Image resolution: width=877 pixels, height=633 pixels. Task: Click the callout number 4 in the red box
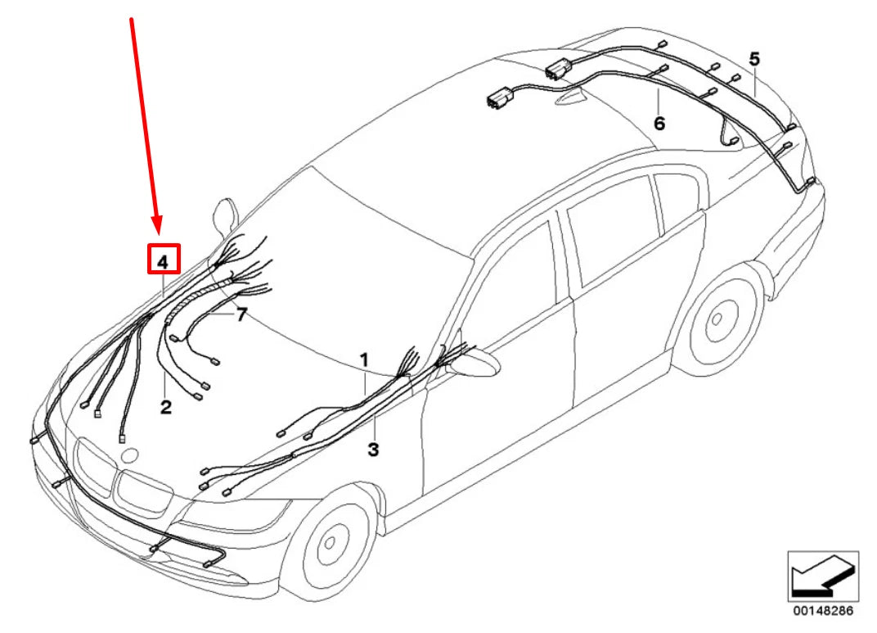[163, 260]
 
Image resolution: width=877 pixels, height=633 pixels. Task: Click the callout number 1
[364, 359]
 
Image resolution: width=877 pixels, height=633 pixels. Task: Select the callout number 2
[165, 407]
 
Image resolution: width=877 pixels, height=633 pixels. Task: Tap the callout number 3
[373, 449]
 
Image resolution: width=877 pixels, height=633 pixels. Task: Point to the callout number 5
[754, 59]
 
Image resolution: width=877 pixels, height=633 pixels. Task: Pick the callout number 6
[659, 123]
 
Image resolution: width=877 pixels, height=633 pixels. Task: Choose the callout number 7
[241, 314]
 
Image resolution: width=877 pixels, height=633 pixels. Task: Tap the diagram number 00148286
[823, 610]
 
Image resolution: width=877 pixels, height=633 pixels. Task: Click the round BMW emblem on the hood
[130, 455]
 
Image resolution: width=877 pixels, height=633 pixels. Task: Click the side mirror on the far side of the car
[226, 214]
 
